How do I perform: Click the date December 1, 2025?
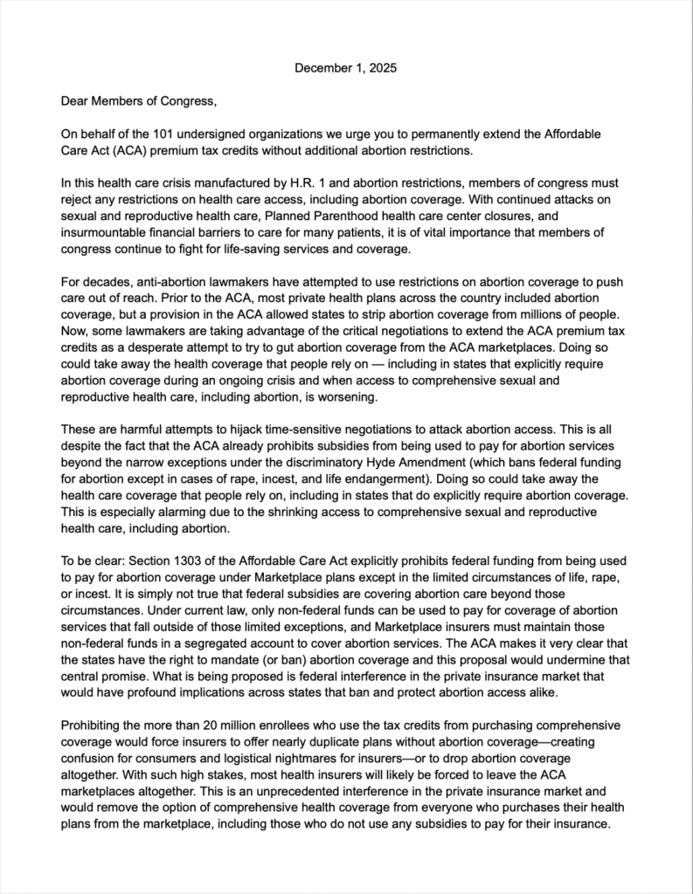tap(346, 68)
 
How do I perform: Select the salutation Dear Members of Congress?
tap(137, 101)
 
